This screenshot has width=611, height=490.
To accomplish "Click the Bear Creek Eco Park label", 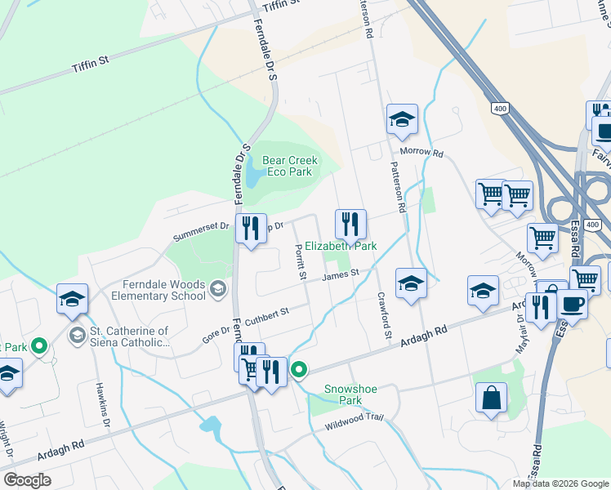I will click(x=289, y=167).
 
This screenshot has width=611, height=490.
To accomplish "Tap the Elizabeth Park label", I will click(x=341, y=245).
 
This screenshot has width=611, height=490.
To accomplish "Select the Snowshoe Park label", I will click(x=350, y=394).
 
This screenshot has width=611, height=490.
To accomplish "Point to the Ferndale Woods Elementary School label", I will click(x=153, y=290).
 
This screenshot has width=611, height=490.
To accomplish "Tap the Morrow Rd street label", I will click(x=421, y=153).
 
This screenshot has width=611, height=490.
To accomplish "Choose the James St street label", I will click(x=341, y=276).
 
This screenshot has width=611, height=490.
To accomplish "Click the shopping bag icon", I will click(x=492, y=399).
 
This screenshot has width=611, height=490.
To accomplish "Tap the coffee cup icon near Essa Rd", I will click(x=572, y=304).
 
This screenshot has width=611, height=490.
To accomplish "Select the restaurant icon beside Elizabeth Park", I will click(x=350, y=223).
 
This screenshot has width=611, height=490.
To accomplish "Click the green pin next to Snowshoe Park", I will click(x=299, y=370).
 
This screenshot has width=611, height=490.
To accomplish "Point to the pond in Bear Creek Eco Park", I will click(x=254, y=174).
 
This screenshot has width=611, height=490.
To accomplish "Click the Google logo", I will click(x=28, y=479).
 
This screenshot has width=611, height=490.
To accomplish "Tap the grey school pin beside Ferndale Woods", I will click(x=218, y=287).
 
